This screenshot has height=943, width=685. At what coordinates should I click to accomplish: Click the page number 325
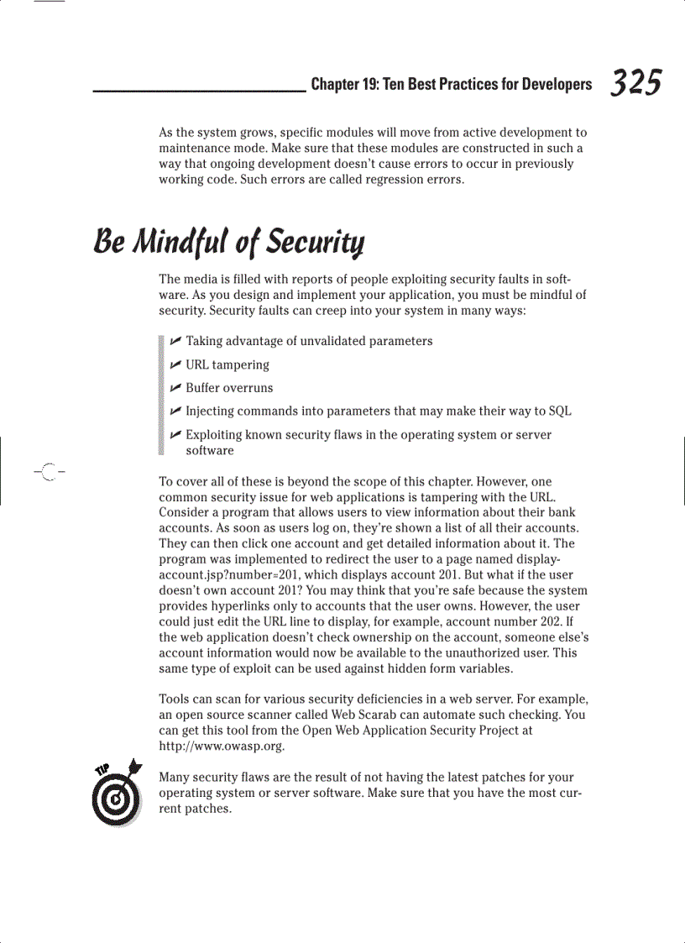pyautogui.click(x=635, y=83)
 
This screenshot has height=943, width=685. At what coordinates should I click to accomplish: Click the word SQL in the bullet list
pyautogui.click(x=560, y=411)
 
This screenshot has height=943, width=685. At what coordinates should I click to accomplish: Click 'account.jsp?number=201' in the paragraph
pyautogui.click(x=229, y=575)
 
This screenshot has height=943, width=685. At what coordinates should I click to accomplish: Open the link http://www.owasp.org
pyautogui.click(x=222, y=746)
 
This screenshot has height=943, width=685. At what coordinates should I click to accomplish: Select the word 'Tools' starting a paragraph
pyautogui.click(x=175, y=699)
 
